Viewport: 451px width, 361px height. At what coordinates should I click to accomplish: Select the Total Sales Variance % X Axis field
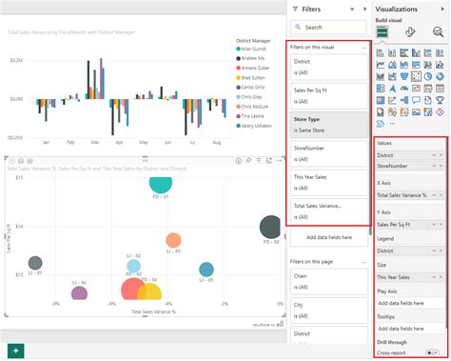click(x=406, y=194)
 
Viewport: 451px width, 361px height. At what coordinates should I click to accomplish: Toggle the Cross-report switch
click(x=434, y=351)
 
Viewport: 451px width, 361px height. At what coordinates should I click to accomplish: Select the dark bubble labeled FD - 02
click(x=272, y=230)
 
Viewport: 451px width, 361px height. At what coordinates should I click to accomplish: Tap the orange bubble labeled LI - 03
click(x=173, y=241)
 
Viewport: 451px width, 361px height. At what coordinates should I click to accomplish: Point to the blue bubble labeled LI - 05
click(x=207, y=271)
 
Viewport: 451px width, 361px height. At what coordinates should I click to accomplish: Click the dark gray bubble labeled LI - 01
click(x=35, y=263)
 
